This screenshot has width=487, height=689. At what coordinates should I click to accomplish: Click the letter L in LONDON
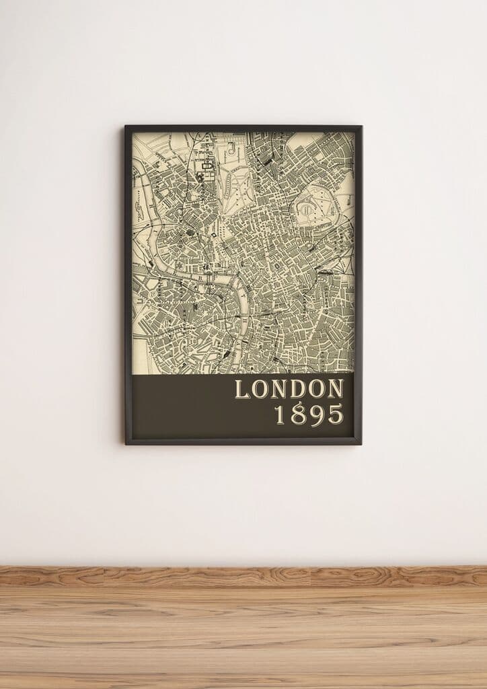[242, 389]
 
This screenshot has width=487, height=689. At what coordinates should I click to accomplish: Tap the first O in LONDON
[261, 389]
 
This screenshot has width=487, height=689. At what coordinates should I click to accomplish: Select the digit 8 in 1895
[298, 414]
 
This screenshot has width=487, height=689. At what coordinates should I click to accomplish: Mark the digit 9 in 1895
[316, 414]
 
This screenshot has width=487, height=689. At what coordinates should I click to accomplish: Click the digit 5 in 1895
[335, 414]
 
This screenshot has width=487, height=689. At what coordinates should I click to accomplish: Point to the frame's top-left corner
[126, 126]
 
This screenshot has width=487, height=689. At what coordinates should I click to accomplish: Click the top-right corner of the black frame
[361, 126]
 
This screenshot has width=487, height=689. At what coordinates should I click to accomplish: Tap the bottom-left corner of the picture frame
[126, 443]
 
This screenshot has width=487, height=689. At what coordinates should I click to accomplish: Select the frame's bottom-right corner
[361, 443]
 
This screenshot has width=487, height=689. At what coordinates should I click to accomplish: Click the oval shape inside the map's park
[307, 209]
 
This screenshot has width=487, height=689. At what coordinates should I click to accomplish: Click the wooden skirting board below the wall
[243, 575]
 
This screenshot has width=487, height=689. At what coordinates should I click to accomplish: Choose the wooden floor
[243, 639]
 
